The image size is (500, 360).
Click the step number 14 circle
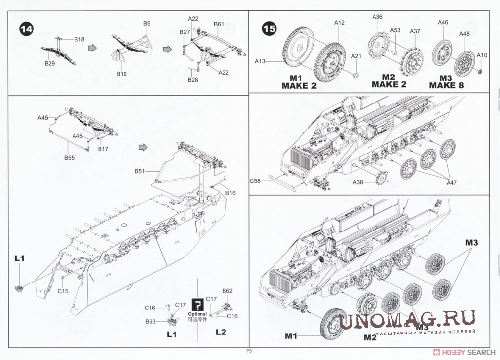[x=26, y=29]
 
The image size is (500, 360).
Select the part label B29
[x=50, y=64]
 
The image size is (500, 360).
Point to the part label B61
[x=219, y=24]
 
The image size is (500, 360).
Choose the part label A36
[x=377, y=16]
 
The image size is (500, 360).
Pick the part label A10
[x=482, y=55]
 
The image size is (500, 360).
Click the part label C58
[x=255, y=181]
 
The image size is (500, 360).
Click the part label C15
[x=63, y=291]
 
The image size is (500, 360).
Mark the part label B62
[x=227, y=291]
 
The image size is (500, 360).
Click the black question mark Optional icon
[x=197, y=304]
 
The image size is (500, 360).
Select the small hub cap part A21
[x=356, y=75]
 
